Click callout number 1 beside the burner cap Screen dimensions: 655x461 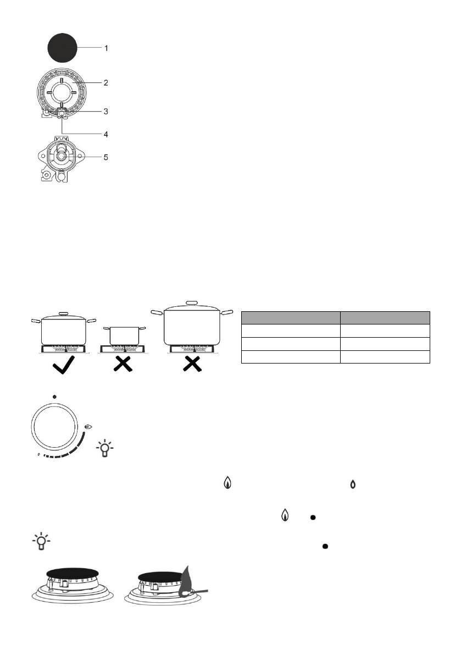click(x=107, y=48)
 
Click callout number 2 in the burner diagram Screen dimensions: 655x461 click(x=107, y=83)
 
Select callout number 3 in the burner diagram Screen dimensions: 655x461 click(x=107, y=111)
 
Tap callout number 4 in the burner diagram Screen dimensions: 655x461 click(x=107, y=134)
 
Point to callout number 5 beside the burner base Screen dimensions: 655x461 click(x=107, y=157)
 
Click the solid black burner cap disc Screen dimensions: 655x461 click(x=62, y=48)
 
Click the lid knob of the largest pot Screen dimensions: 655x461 click(x=191, y=302)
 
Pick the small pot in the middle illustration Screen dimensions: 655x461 click(x=123, y=334)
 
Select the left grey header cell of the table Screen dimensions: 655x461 click(x=291, y=317)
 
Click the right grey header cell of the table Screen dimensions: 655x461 click(x=385, y=317)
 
